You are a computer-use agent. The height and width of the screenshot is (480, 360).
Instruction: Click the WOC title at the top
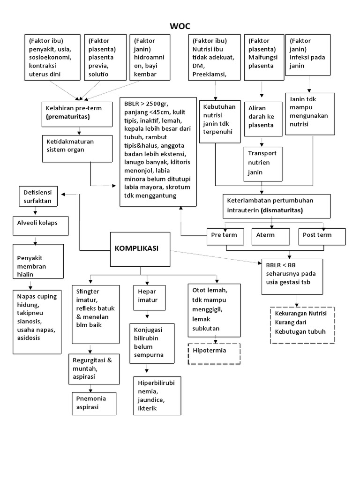180,25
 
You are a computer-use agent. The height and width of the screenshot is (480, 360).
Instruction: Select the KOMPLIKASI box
140,248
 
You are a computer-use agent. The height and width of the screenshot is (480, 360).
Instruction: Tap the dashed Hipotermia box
214,353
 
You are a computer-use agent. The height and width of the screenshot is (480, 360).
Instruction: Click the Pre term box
225,236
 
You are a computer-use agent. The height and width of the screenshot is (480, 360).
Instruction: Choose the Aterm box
271,236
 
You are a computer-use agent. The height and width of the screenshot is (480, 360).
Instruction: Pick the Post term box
321,236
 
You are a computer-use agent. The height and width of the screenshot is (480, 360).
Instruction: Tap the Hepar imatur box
147,296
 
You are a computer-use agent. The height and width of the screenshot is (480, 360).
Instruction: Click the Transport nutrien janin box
263,163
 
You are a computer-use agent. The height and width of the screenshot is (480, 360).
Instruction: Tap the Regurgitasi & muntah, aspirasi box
94,368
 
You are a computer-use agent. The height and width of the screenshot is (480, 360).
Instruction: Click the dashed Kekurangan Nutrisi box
302,325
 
